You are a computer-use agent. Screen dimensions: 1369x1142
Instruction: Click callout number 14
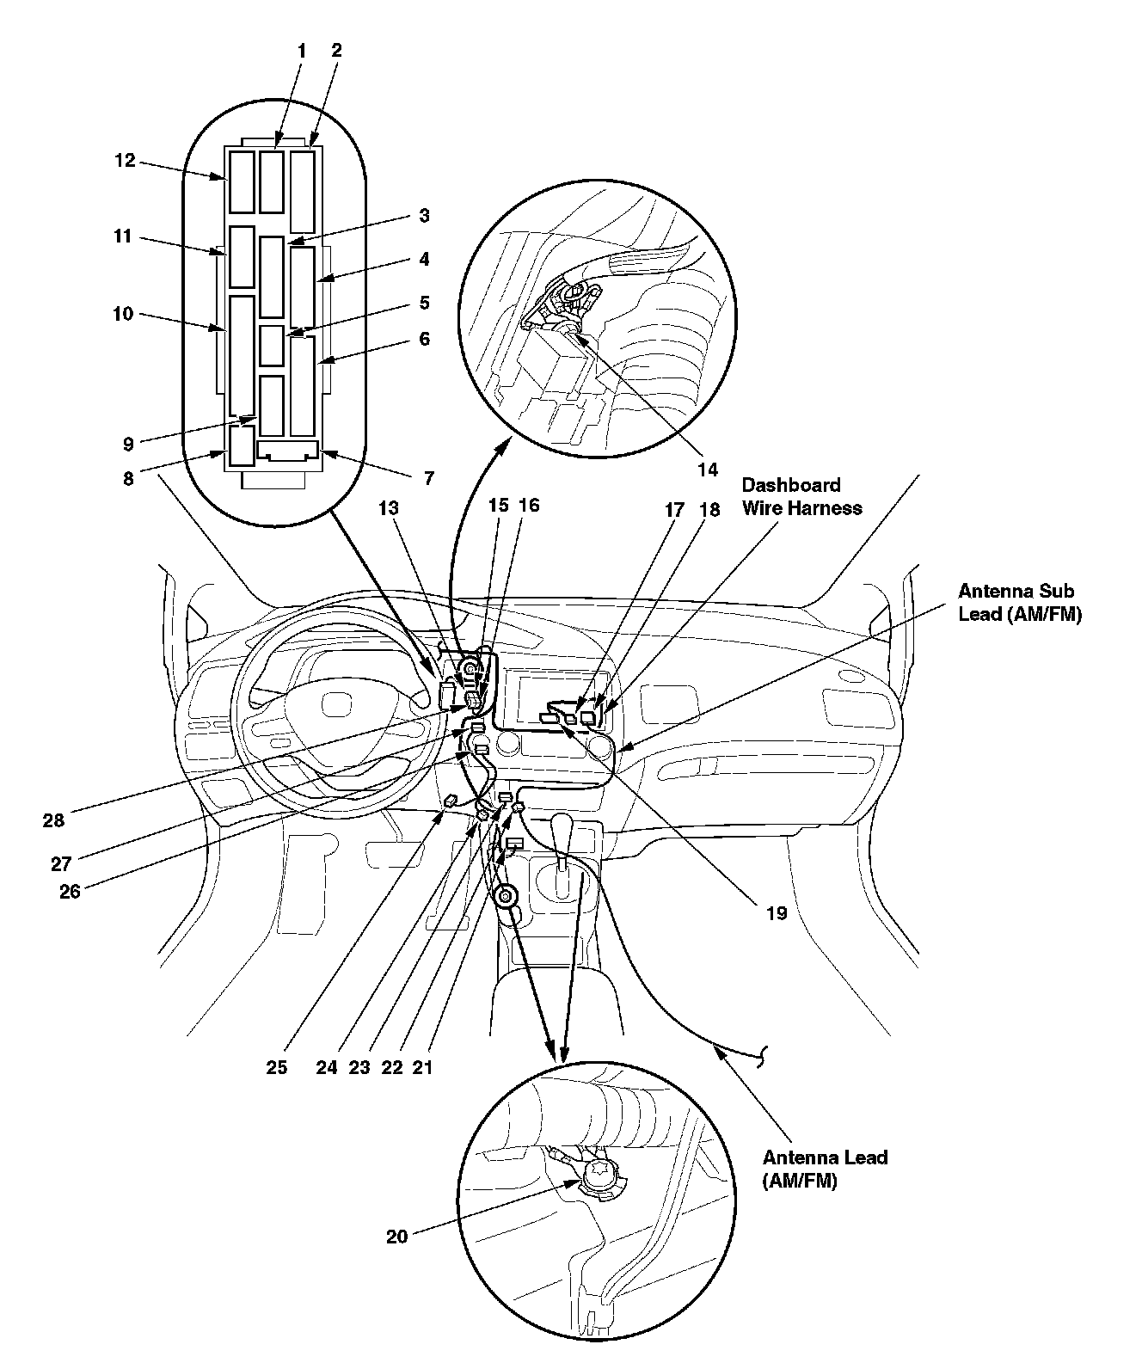(x=707, y=470)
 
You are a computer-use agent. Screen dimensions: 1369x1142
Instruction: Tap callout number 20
(x=396, y=1237)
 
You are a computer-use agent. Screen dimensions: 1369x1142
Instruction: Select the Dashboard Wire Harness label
(x=801, y=496)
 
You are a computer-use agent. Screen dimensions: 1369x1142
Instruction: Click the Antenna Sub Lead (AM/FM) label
(x=1016, y=602)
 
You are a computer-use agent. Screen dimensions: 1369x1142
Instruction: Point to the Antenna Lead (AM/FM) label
(x=824, y=1169)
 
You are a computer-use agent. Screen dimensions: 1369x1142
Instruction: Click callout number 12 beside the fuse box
(x=126, y=160)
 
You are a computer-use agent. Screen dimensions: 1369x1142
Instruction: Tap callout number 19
(x=776, y=913)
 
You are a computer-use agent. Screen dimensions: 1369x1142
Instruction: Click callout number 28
(x=53, y=820)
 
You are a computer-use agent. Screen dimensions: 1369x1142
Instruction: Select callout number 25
(x=276, y=1067)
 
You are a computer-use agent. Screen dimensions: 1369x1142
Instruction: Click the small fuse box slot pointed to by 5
(x=272, y=346)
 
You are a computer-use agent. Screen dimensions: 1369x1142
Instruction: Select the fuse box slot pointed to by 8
(x=242, y=445)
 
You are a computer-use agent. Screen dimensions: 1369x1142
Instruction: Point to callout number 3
(x=424, y=215)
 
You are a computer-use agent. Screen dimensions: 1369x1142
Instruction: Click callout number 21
(x=422, y=1067)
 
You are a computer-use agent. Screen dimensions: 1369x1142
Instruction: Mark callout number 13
(x=389, y=508)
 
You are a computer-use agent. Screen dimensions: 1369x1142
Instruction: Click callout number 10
(x=123, y=314)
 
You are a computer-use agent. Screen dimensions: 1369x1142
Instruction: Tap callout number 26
(x=70, y=891)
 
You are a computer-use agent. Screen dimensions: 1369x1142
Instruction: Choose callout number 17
(x=674, y=510)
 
